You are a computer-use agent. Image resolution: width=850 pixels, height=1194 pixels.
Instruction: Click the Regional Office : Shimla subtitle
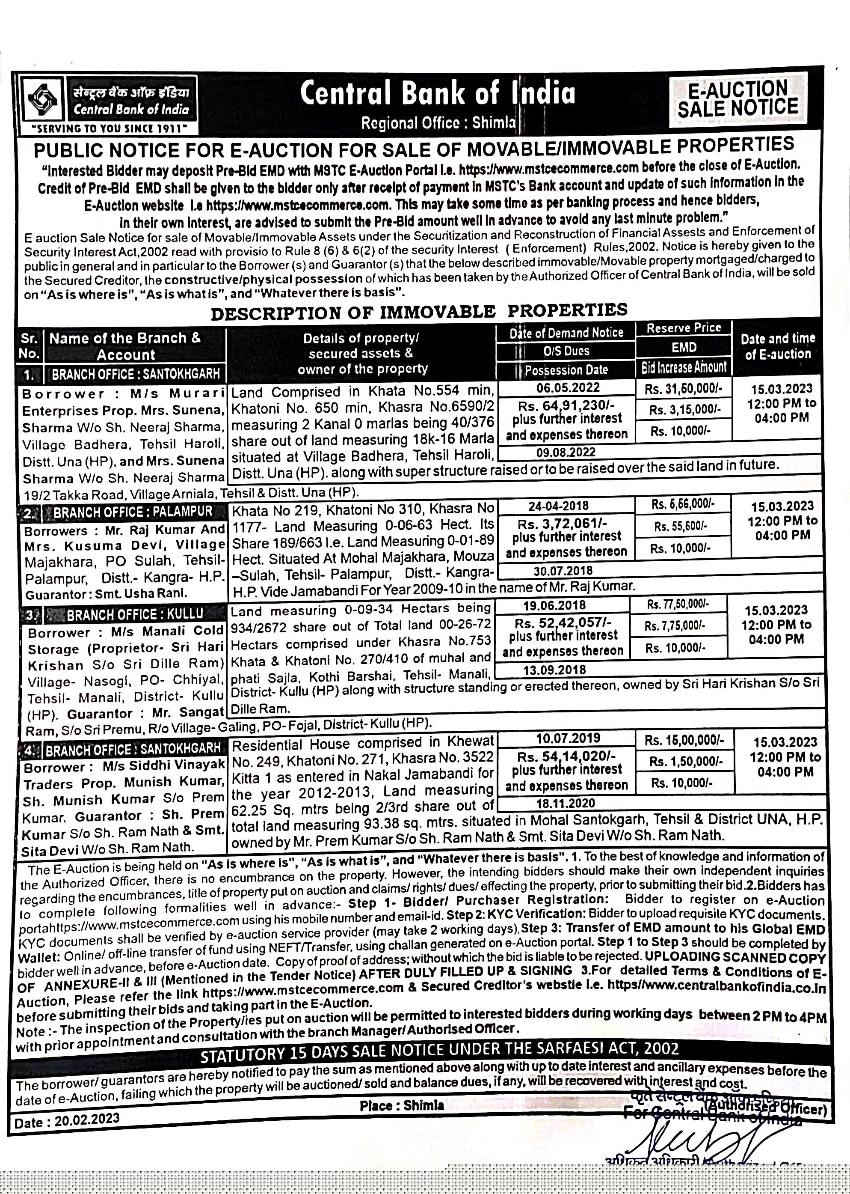click(x=438, y=122)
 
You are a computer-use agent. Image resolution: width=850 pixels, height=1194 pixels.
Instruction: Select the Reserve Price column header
click(x=684, y=328)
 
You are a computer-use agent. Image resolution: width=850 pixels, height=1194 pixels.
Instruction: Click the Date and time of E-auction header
click(x=778, y=346)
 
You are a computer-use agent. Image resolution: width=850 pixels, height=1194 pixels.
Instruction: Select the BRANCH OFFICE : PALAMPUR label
click(x=133, y=512)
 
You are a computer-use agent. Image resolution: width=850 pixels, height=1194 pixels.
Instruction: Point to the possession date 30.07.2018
click(x=563, y=571)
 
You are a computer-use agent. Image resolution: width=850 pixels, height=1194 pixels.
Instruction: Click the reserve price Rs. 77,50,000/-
click(x=678, y=604)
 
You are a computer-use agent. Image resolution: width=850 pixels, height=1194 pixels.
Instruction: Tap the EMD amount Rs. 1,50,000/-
click(x=684, y=762)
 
